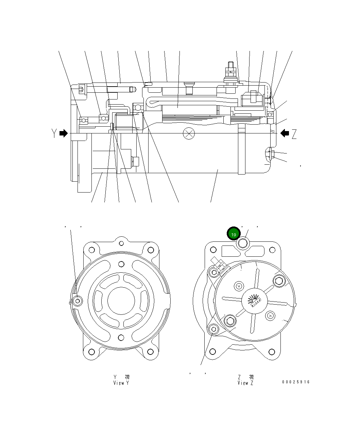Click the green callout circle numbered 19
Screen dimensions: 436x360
pyautogui.click(x=234, y=234)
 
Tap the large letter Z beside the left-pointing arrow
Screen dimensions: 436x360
pyautogui.click(x=294, y=134)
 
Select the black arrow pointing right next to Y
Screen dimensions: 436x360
pyautogui.click(x=64, y=133)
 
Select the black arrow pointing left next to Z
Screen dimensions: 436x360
pyautogui.click(x=285, y=133)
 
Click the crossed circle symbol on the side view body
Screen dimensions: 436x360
pyautogui.click(x=188, y=133)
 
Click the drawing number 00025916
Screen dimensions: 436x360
pyautogui.click(x=296, y=382)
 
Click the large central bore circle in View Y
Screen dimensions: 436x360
pyautogui.click(x=121, y=301)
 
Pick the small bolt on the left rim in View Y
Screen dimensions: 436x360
pyautogui.click(x=78, y=301)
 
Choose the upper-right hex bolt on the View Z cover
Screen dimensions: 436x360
pyautogui.click(x=279, y=280)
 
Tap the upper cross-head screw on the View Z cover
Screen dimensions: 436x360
pyautogui.click(x=239, y=286)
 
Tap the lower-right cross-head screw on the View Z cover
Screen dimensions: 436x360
pyautogui.click(x=270, y=316)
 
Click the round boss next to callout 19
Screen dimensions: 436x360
pyautogui.click(x=243, y=243)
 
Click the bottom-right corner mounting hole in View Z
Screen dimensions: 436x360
pyautogui.click(x=272, y=352)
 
